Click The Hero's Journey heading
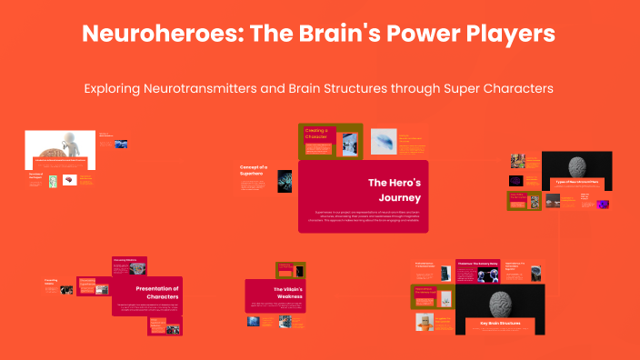394,190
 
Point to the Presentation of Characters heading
150,292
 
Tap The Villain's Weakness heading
276,290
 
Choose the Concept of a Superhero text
254,171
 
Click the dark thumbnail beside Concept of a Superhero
285,179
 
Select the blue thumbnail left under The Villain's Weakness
254,321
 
